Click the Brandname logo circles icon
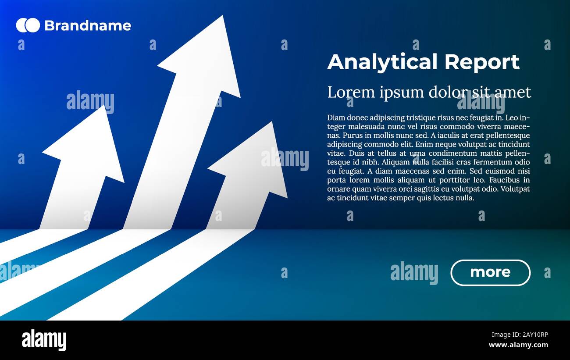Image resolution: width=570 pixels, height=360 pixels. [28, 25]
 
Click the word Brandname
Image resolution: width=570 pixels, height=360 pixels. [87, 26]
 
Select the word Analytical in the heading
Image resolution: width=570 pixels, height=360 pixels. [382, 62]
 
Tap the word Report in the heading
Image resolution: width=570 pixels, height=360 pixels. [482, 62]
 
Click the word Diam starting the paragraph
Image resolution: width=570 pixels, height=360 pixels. [335, 118]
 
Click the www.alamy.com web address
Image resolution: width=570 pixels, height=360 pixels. [518, 345]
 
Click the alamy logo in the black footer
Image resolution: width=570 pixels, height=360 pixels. [44, 340]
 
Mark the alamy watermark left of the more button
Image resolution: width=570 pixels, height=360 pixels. [414, 272]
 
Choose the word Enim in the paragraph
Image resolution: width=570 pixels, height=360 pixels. [424, 144]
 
